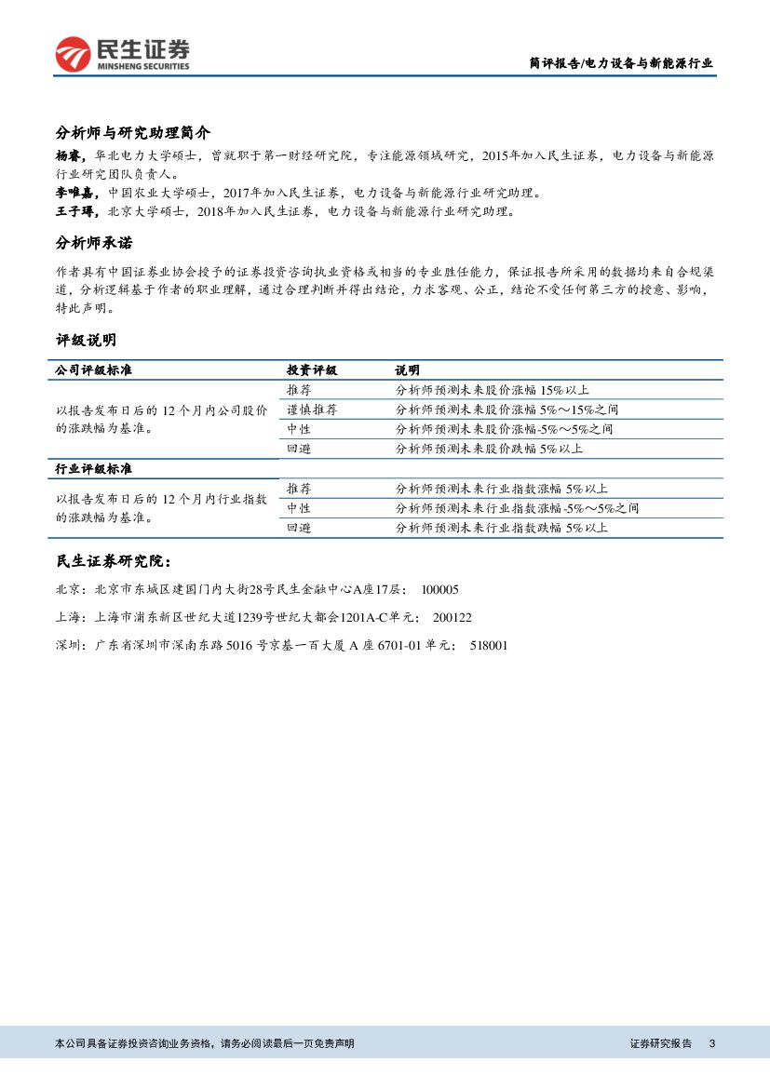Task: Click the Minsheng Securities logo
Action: (122, 53)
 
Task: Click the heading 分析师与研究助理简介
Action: (133, 131)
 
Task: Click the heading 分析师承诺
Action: (94, 243)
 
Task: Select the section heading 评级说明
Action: (87, 340)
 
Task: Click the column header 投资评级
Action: (312, 370)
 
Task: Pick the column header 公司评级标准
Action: (94, 370)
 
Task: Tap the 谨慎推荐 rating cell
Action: (312, 410)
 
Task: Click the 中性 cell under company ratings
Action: (299, 429)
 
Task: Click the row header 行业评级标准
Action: (94, 468)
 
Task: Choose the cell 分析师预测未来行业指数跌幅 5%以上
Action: (501, 528)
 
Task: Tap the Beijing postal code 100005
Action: (440, 590)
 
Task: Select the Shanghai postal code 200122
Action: (453, 617)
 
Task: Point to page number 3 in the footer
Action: (712, 1043)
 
